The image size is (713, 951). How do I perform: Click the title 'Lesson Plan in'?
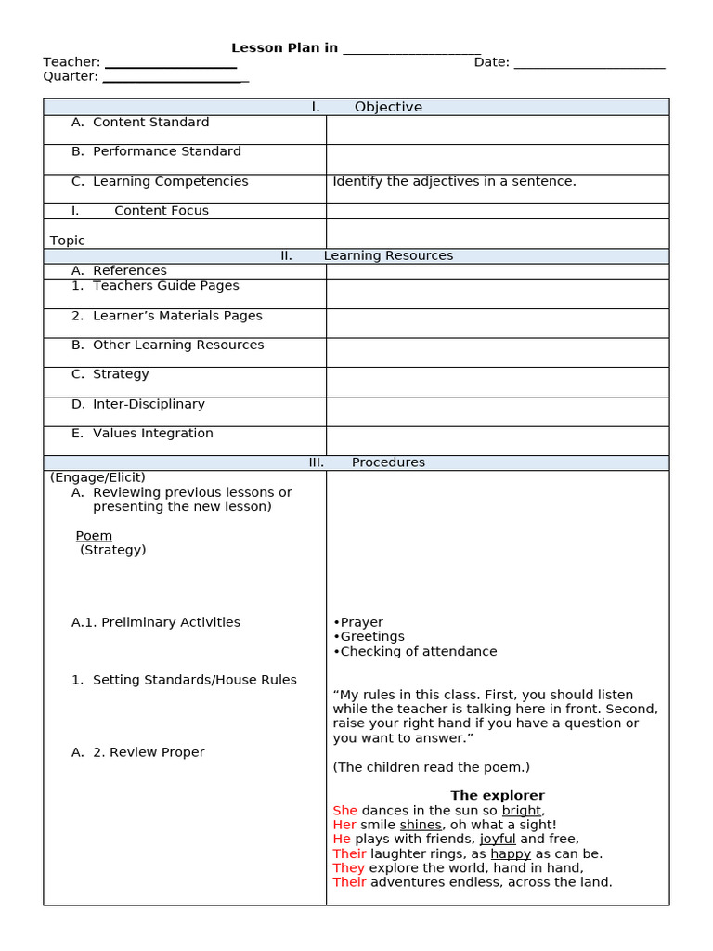click(284, 48)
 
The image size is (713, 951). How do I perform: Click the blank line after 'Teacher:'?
click(171, 64)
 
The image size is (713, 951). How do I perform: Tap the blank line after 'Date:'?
click(590, 64)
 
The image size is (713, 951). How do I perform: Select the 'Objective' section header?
click(387, 107)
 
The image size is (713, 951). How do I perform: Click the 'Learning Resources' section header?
click(387, 255)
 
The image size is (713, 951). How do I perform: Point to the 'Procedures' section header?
click(387, 462)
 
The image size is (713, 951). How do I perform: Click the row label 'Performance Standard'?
click(166, 151)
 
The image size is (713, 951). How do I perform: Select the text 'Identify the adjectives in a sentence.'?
click(454, 181)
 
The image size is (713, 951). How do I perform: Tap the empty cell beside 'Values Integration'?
click(497, 439)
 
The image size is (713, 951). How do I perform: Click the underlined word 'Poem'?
click(94, 536)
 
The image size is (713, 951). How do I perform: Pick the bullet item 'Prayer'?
click(361, 622)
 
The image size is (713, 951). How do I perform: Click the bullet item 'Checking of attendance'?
click(418, 652)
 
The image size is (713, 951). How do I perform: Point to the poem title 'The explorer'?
click(498, 796)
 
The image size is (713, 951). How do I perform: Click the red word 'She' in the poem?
click(344, 811)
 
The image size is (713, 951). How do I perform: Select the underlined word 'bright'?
click(521, 811)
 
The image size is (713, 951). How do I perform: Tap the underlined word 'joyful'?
click(498, 840)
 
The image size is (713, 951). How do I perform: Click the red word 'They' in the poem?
click(348, 868)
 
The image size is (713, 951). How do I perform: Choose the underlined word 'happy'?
click(511, 853)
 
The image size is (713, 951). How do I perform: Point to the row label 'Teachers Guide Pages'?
click(165, 286)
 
